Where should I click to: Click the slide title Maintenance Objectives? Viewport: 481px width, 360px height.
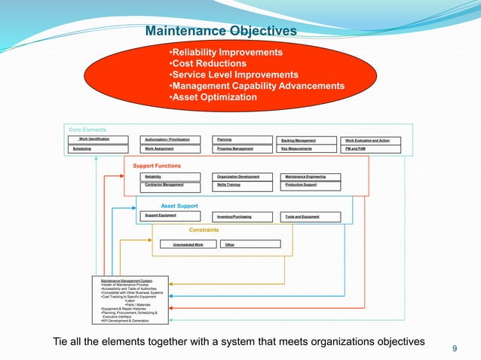[x=220, y=31]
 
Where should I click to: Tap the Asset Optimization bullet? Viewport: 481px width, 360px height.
[x=214, y=97]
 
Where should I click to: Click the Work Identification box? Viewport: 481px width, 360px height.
[x=100, y=139]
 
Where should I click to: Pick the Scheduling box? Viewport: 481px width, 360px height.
[x=100, y=149]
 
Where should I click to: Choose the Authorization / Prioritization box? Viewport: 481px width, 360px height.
[x=172, y=140]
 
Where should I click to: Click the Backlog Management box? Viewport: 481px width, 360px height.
[x=308, y=140]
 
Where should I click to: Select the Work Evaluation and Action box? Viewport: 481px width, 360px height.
[x=372, y=140]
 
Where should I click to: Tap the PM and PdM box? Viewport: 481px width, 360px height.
[x=372, y=149]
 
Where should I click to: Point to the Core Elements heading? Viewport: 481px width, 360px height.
[x=88, y=130]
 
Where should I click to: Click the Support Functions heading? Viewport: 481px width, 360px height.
[x=157, y=165]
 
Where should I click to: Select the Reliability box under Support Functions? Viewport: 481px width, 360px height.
[x=172, y=176]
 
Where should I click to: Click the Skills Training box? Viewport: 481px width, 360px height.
[x=244, y=185]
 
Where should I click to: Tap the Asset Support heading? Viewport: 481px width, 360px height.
[x=179, y=205]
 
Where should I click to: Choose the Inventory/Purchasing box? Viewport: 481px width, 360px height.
[x=244, y=216]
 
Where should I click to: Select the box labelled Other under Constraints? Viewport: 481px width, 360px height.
[x=250, y=244]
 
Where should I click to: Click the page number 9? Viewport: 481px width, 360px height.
[x=455, y=348]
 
